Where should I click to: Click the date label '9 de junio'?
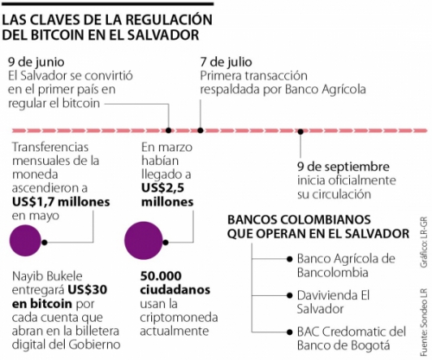(36, 62)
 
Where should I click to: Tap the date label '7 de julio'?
(226, 62)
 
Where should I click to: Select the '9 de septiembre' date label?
(343, 167)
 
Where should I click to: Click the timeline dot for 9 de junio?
(168, 130)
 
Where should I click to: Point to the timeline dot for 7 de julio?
(200, 130)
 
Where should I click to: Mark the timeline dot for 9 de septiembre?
(301, 131)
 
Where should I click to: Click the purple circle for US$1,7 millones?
(25, 241)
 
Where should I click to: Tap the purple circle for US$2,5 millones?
(143, 241)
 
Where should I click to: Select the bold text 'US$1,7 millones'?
(61, 202)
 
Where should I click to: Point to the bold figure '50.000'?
(161, 276)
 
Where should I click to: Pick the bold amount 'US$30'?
(87, 290)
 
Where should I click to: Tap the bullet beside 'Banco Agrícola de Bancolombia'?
(289, 259)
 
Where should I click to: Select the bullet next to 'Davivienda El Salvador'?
(289, 295)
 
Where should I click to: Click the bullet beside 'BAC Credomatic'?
(289, 332)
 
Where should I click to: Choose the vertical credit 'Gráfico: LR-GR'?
(423, 243)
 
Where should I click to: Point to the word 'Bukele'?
(63, 276)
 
